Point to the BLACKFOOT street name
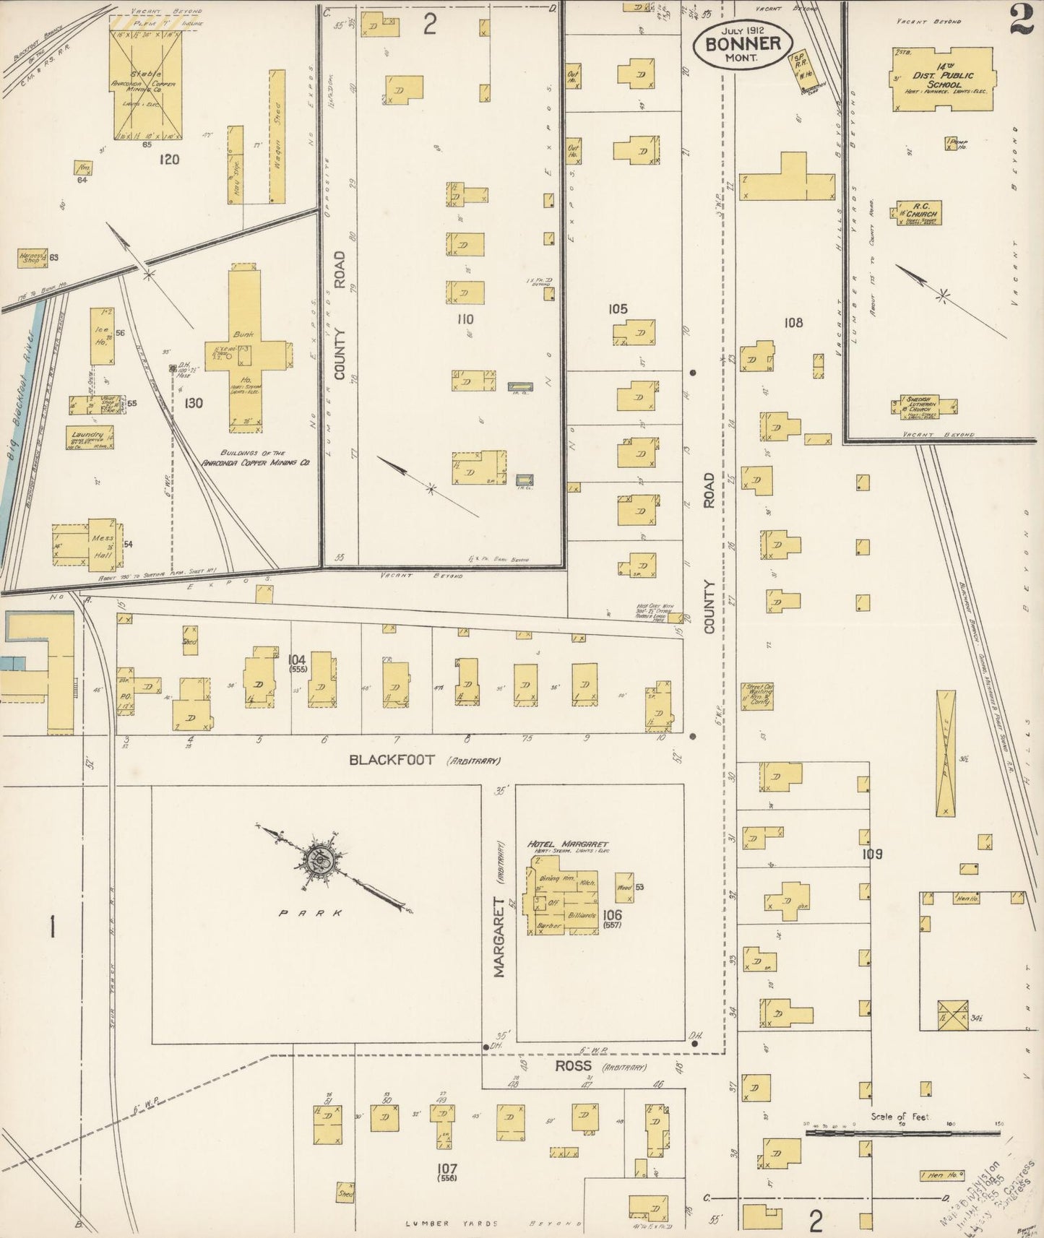point(392,760)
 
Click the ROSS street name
point(573,1066)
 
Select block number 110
point(465,319)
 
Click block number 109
point(873,854)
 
